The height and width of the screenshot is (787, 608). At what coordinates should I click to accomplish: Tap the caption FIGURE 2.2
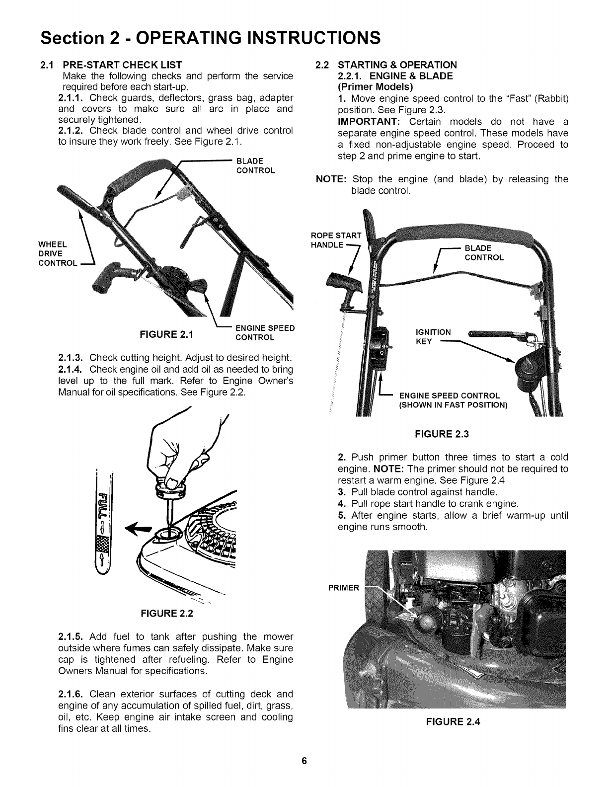click(166, 613)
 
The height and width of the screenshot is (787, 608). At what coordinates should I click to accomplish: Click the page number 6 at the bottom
click(304, 761)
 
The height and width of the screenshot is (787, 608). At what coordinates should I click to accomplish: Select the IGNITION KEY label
click(433, 337)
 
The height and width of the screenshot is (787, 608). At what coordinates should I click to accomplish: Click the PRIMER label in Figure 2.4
click(343, 588)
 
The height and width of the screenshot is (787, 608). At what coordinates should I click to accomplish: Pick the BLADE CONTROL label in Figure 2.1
click(255, 165)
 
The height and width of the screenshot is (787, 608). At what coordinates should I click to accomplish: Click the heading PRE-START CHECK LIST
click(122, 65)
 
